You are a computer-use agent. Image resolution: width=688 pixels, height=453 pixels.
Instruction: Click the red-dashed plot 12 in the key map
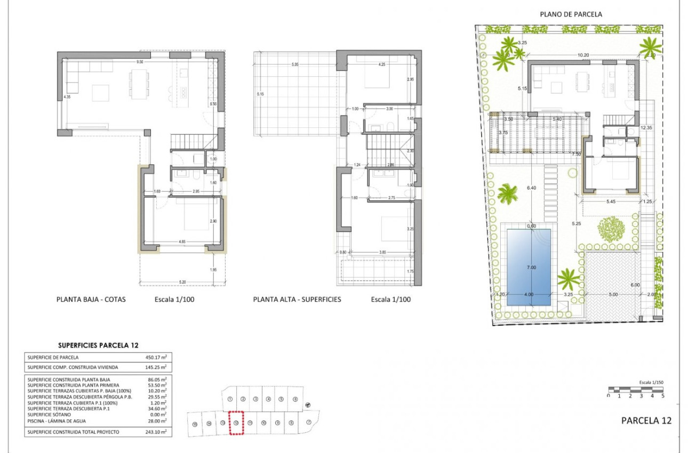pos(236,423)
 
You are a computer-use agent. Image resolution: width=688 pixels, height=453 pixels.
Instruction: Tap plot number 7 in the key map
pos(309,423)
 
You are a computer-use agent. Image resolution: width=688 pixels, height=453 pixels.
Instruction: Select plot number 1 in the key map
pos(230,399)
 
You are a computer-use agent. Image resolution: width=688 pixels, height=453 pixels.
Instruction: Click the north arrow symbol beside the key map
pos(308,405)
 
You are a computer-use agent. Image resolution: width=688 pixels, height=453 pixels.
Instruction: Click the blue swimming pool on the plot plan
pos(529,266)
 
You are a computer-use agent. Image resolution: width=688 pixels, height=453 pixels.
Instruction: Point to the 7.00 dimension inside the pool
pos(531,268)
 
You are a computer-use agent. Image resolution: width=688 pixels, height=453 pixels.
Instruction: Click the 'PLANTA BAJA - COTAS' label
pos(91,300)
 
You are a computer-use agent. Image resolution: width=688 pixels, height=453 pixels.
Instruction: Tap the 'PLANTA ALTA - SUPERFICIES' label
pos(297,300)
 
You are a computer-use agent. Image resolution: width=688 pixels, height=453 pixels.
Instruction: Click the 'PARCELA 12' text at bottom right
pos(646,420)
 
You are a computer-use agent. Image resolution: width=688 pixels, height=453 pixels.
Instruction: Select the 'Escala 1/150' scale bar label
pos(651,383)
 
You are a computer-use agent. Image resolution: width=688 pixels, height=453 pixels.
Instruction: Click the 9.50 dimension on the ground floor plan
pos(140,62)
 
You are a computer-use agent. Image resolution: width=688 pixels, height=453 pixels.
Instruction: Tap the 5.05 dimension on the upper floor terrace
pos(294,65)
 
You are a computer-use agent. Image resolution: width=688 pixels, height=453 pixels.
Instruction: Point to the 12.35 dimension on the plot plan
pos(647,127)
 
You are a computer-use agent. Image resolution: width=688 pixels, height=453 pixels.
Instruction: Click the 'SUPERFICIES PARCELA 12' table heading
pos(98,345)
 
